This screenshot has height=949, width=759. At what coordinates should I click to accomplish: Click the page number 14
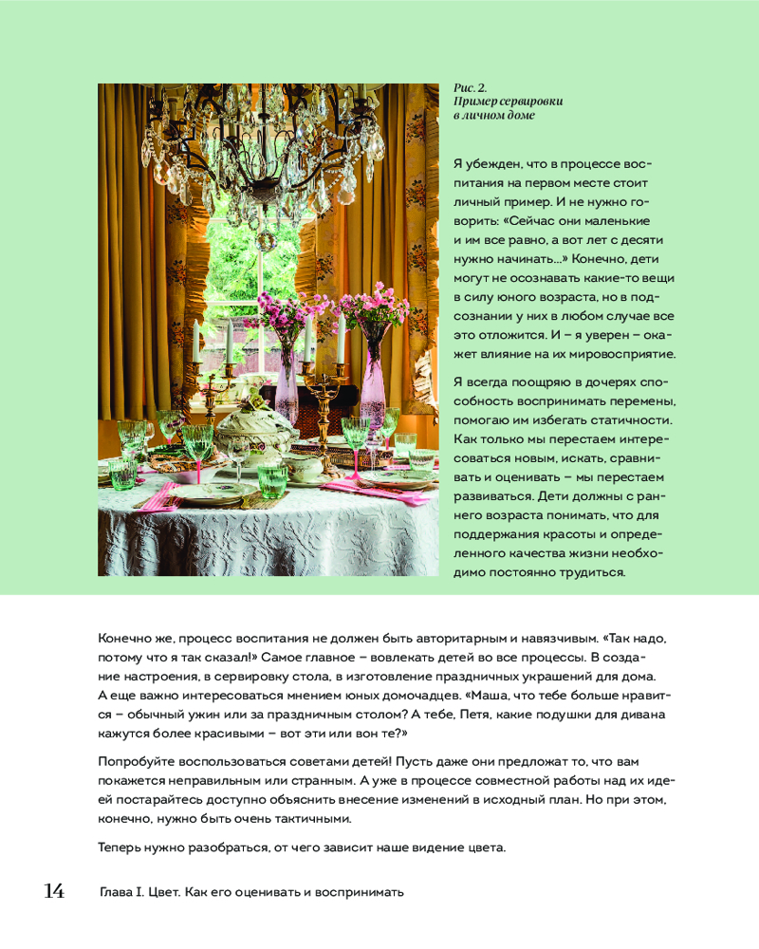pyautogui.click(x=53, y=891)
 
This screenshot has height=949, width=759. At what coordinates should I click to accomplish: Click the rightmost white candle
pyautogui.click(x=341, y=342)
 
